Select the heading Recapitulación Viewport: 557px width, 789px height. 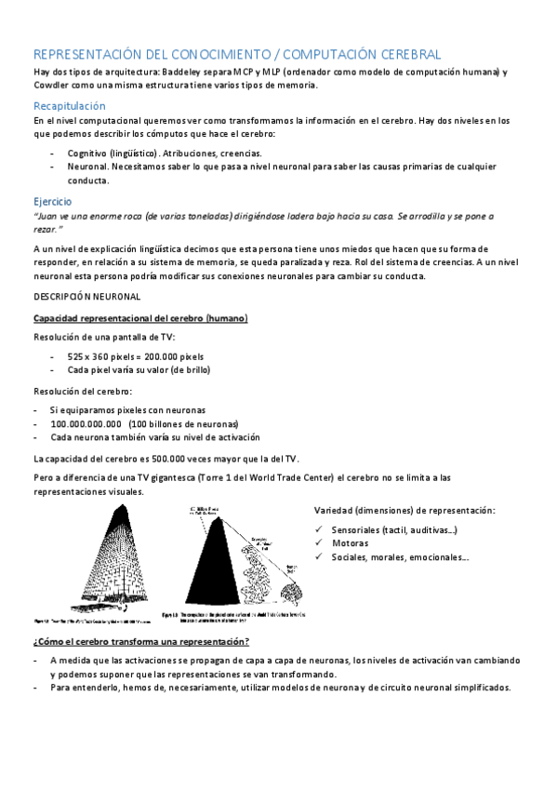[x=70, y=106]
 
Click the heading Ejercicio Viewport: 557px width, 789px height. [x=52, y=201]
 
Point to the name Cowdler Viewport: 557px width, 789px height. [x=54, y=86]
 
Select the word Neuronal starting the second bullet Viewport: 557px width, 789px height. [x=86, y=167]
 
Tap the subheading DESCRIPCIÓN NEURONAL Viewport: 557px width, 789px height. [x=86, y=297]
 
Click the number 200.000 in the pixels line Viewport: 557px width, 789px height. [x=159, y=355]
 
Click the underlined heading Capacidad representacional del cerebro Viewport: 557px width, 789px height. [x=139, y=319]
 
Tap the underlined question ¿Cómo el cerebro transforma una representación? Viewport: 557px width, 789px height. [x=140, y=642]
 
